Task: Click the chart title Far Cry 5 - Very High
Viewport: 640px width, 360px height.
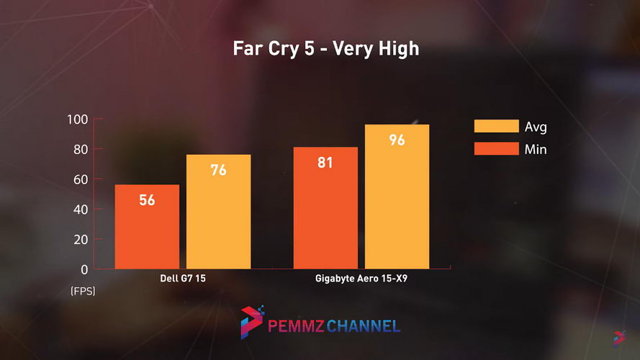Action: point(325,50)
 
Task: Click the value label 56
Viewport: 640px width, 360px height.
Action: point(147,200)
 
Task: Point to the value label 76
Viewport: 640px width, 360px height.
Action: point(219,171)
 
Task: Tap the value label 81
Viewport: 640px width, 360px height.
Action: point(325,163)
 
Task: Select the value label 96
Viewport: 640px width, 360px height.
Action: point(397,140)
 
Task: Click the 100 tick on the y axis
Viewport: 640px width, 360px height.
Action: point(77,120)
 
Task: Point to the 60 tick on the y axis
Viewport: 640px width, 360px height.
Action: point(81,179)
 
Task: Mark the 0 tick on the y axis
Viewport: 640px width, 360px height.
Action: point(84,269)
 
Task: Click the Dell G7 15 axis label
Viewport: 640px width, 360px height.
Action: point(183,278)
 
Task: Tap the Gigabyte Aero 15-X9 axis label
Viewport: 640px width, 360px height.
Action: point(361,278)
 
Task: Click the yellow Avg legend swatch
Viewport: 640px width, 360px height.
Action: point(496,127)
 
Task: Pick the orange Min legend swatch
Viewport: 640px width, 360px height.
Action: point(496,149)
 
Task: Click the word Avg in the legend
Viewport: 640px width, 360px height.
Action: point(536,127)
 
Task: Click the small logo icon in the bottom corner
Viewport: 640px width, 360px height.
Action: point(620,336)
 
